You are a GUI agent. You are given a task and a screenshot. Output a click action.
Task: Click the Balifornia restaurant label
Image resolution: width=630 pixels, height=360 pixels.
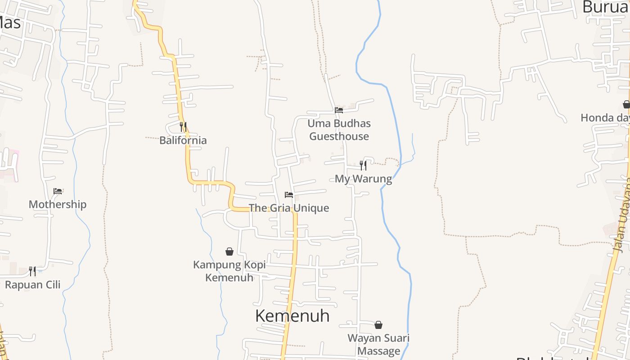tap(183, 140)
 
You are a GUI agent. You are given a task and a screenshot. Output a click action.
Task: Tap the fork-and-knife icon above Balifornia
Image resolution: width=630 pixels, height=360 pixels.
tap(183, 126)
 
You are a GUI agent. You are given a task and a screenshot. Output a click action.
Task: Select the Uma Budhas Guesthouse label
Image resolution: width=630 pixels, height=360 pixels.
tap(339, 130)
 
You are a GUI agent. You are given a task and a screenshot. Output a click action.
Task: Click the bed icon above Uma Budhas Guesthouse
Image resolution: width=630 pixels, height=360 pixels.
tap(339, 110)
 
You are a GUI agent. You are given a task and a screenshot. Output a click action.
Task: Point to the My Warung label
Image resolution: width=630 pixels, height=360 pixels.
tap(363, 179)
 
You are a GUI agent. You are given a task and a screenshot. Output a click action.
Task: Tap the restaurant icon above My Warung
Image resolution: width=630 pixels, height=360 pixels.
tap(363, 166)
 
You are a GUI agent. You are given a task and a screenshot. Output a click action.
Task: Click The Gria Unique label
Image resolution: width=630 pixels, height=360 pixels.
tap(289, 208)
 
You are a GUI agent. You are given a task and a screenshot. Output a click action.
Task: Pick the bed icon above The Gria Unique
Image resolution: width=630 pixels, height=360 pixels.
tap(289, 195)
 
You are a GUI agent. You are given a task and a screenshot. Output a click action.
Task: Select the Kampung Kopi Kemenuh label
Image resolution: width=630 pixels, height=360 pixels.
tap(229, 271)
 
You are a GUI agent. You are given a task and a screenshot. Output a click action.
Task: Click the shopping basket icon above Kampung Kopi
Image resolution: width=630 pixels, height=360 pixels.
tap(229, 252)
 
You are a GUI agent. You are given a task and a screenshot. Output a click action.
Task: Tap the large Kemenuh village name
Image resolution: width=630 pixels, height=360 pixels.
tap(292, 316)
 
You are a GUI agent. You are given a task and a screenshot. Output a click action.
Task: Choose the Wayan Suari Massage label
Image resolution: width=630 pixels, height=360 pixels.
tap(378, 344)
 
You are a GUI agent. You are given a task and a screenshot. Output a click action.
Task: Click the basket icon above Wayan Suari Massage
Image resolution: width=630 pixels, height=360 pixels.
tap(378, 325)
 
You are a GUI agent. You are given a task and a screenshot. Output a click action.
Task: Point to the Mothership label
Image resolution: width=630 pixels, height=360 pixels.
tap(58, 204)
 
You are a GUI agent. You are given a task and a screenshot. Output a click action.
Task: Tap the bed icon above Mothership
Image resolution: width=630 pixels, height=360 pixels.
tap(58, 191)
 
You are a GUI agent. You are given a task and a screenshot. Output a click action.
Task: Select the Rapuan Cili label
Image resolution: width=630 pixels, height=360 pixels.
tap(32, 285)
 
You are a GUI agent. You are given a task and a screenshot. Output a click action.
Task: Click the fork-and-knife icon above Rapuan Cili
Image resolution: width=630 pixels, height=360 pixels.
tap(32, 271)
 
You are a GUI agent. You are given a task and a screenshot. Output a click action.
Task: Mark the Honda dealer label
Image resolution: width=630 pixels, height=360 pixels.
tap(605, 118)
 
